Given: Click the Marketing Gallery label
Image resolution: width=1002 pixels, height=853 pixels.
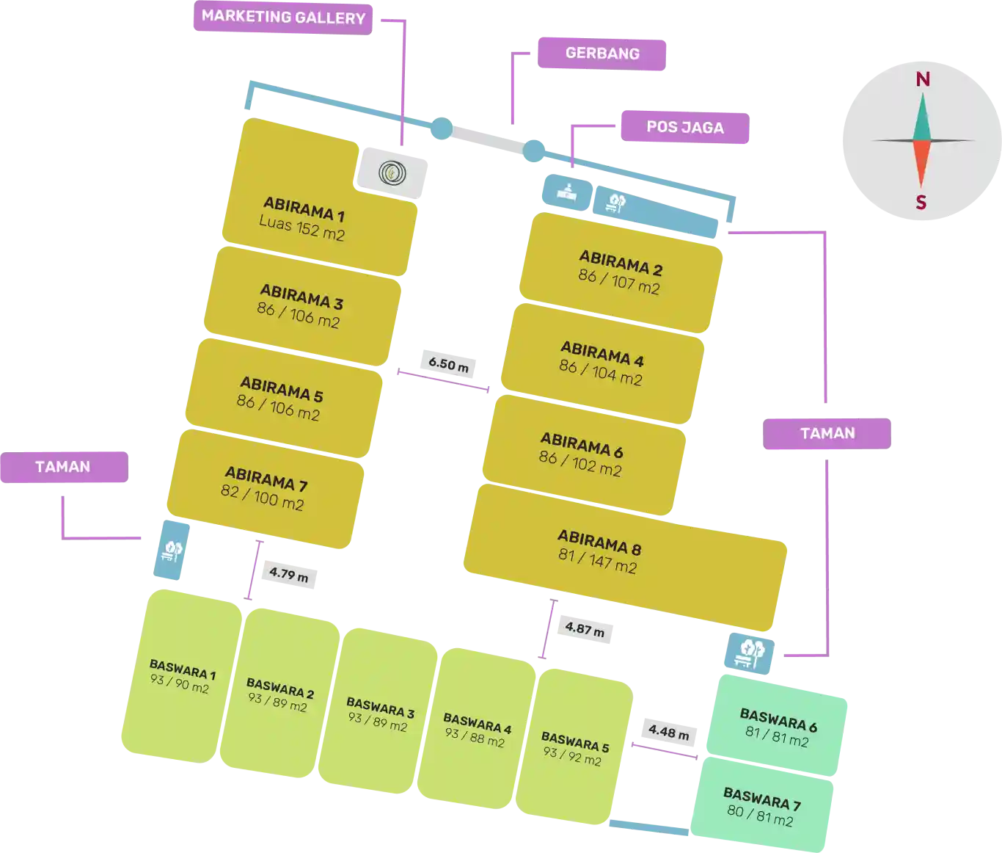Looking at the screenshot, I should (283, 17).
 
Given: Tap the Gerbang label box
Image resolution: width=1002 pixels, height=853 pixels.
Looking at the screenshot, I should (601, 54).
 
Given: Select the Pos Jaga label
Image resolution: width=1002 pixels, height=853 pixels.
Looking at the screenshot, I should (684, 128).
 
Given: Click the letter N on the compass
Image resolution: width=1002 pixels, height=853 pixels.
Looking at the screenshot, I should (923, 79).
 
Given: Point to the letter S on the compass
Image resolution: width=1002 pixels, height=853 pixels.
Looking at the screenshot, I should (921, 203).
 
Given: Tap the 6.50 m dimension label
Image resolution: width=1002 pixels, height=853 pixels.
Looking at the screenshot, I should (448, 363).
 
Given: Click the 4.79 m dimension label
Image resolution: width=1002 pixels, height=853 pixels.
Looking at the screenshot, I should (288, 575).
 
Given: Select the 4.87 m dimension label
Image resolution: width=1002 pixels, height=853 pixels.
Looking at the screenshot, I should (585, 629).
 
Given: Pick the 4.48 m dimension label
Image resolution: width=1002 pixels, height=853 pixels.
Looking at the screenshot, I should (668, 732).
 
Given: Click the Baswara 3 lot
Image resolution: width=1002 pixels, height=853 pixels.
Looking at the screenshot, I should (379, 715).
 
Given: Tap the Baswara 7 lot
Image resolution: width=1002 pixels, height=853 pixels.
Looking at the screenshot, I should (761, 807).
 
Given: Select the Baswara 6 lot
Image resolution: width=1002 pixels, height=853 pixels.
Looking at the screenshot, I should (778, 727).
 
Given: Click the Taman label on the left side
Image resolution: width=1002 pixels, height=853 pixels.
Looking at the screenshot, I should (63, 467).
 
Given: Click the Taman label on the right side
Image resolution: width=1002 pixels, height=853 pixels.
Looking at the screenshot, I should (827, 433).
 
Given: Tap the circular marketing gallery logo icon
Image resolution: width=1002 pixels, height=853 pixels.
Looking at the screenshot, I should (392, 173).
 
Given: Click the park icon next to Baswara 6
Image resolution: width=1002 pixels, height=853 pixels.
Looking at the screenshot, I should (749, 652).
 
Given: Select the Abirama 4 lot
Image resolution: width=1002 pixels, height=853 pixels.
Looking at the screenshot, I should (601, 363).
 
